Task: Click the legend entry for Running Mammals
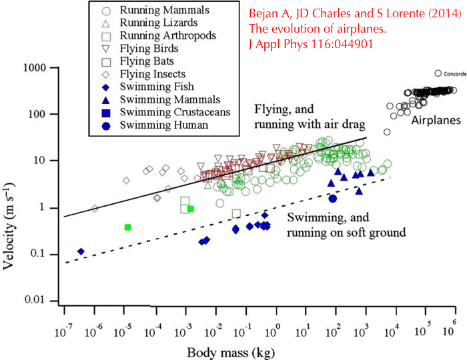click(164, 11)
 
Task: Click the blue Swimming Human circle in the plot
click(333, 198)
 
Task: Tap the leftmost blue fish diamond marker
click(81, 251)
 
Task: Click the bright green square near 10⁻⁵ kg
click(127, 227)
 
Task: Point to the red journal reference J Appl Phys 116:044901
click(311, 43)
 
